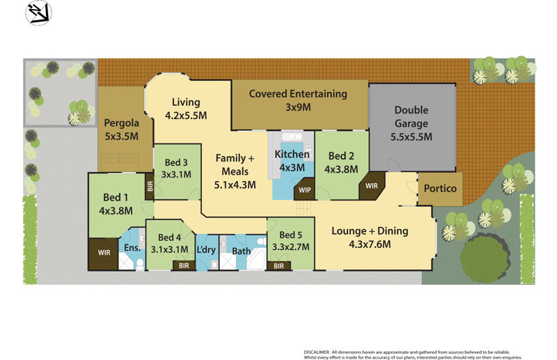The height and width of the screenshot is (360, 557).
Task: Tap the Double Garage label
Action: click(411, 123)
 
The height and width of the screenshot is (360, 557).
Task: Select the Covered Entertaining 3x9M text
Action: click(297, 100)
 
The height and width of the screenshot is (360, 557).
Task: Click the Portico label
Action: click(440, 189)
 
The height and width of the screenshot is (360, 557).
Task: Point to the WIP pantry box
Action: click(304, 189)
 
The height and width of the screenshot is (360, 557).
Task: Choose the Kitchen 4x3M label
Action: click(292, 161)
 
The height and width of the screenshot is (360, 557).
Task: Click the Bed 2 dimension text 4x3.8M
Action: click(341, 169)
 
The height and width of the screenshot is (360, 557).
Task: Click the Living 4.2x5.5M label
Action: click(186, 109)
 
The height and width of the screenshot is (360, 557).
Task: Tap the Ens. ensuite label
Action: click(132, 248)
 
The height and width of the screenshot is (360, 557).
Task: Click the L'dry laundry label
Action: click(206, 250)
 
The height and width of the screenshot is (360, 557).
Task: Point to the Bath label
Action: click(242, 251)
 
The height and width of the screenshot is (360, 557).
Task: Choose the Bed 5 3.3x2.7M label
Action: click(290, 240)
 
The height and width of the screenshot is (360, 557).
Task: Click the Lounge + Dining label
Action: click(370, 237)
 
